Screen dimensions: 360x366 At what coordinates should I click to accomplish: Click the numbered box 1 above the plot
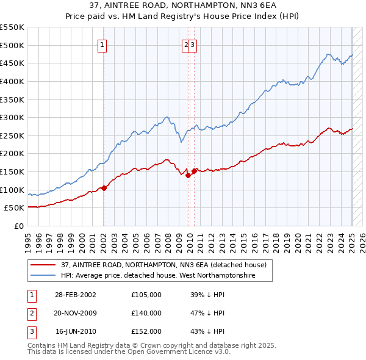(102, 44)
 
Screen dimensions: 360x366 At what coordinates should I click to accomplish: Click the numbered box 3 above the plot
(192, 44)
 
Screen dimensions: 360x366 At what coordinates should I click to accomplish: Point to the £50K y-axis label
(14, 208)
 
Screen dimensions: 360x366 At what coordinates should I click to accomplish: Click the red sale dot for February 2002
(104, 188)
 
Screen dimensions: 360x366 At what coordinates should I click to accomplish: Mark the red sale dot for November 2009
(188, 175)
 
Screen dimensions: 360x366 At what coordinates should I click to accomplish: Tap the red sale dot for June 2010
(195, 171)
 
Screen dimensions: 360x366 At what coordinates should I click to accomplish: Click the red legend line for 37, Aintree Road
(42, 265)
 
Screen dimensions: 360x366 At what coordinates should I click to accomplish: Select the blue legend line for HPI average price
(42, 276)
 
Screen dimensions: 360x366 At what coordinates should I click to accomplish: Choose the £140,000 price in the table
(146, 313)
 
